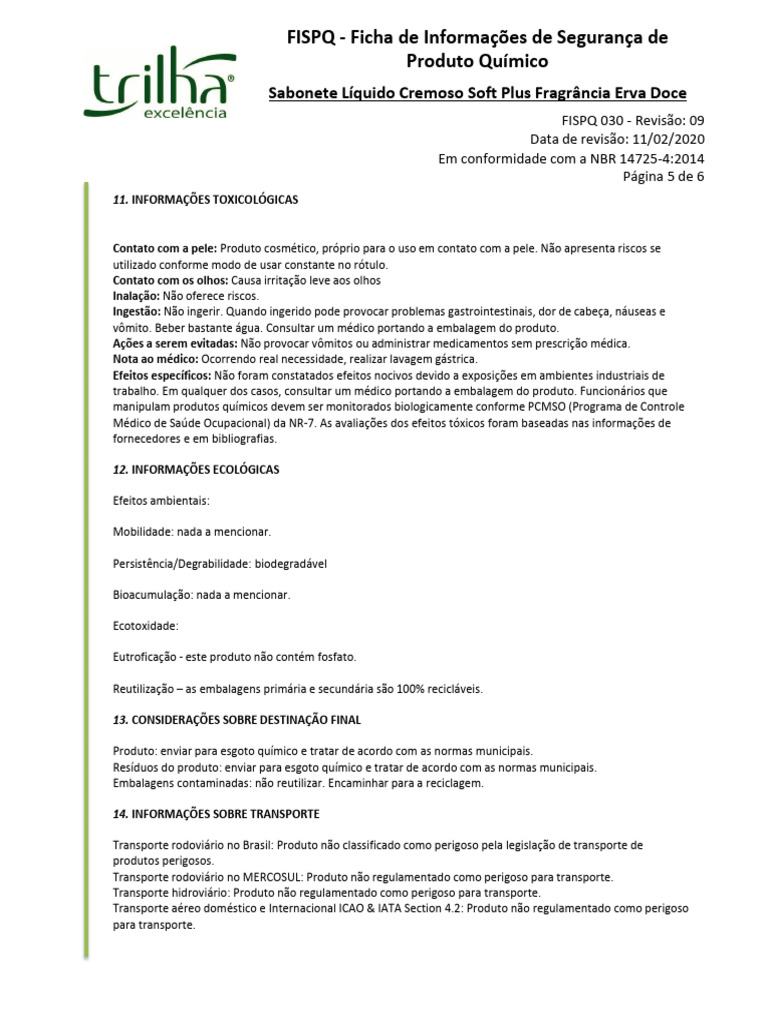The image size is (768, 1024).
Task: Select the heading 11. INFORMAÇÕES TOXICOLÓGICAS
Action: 206,200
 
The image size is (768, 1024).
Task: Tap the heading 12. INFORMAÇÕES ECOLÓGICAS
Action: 196,469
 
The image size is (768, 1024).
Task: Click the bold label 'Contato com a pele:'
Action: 165,247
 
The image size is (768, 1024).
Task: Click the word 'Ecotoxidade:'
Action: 145,626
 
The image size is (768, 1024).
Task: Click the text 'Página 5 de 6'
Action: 664,176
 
